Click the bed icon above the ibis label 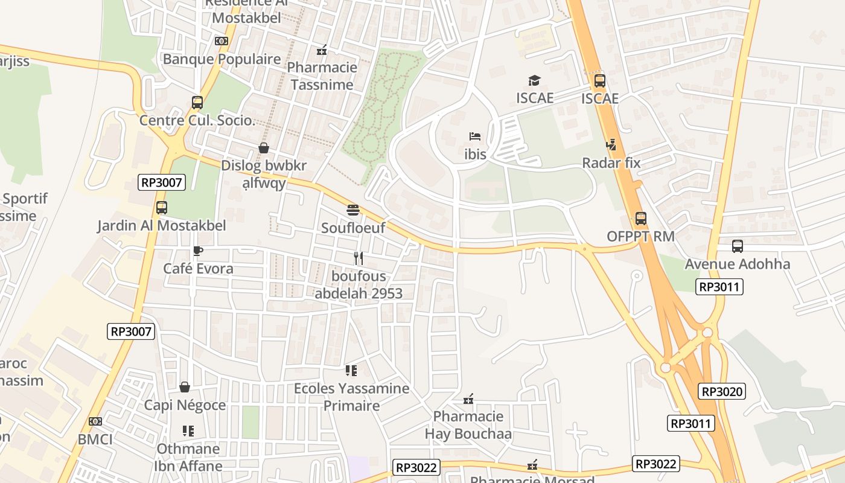click(475, 136)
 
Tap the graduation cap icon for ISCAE click(534, 81)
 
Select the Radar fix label click(611, 162)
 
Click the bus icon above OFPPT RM click(640, 219)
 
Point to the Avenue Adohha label click(736, 264)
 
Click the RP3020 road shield click(722, 391)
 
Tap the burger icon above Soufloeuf click(353, 210)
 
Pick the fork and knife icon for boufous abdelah click(359, 258)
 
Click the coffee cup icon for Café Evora click(197, 251)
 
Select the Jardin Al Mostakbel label click(162, 226)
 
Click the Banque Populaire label click(222, 59)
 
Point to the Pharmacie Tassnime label click(322, 76)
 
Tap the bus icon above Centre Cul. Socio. click(197, 103)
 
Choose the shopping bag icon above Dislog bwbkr click(263, 148)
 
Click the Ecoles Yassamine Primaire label click(351, 397)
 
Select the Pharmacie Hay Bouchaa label click(468, 425)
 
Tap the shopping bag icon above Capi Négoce click(185, 387)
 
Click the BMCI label click(95, 439)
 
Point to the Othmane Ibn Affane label click(189, 457)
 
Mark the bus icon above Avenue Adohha click(737, 246)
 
